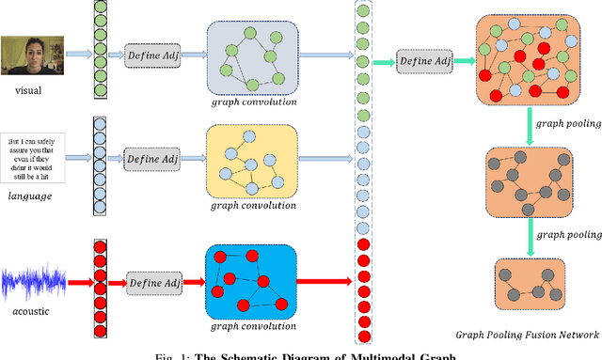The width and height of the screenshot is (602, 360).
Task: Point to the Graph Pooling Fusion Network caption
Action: pyautogui.click(x=527, y=335)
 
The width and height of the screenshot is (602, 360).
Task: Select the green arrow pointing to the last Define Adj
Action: pyautogui.click(x=382, y=62)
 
